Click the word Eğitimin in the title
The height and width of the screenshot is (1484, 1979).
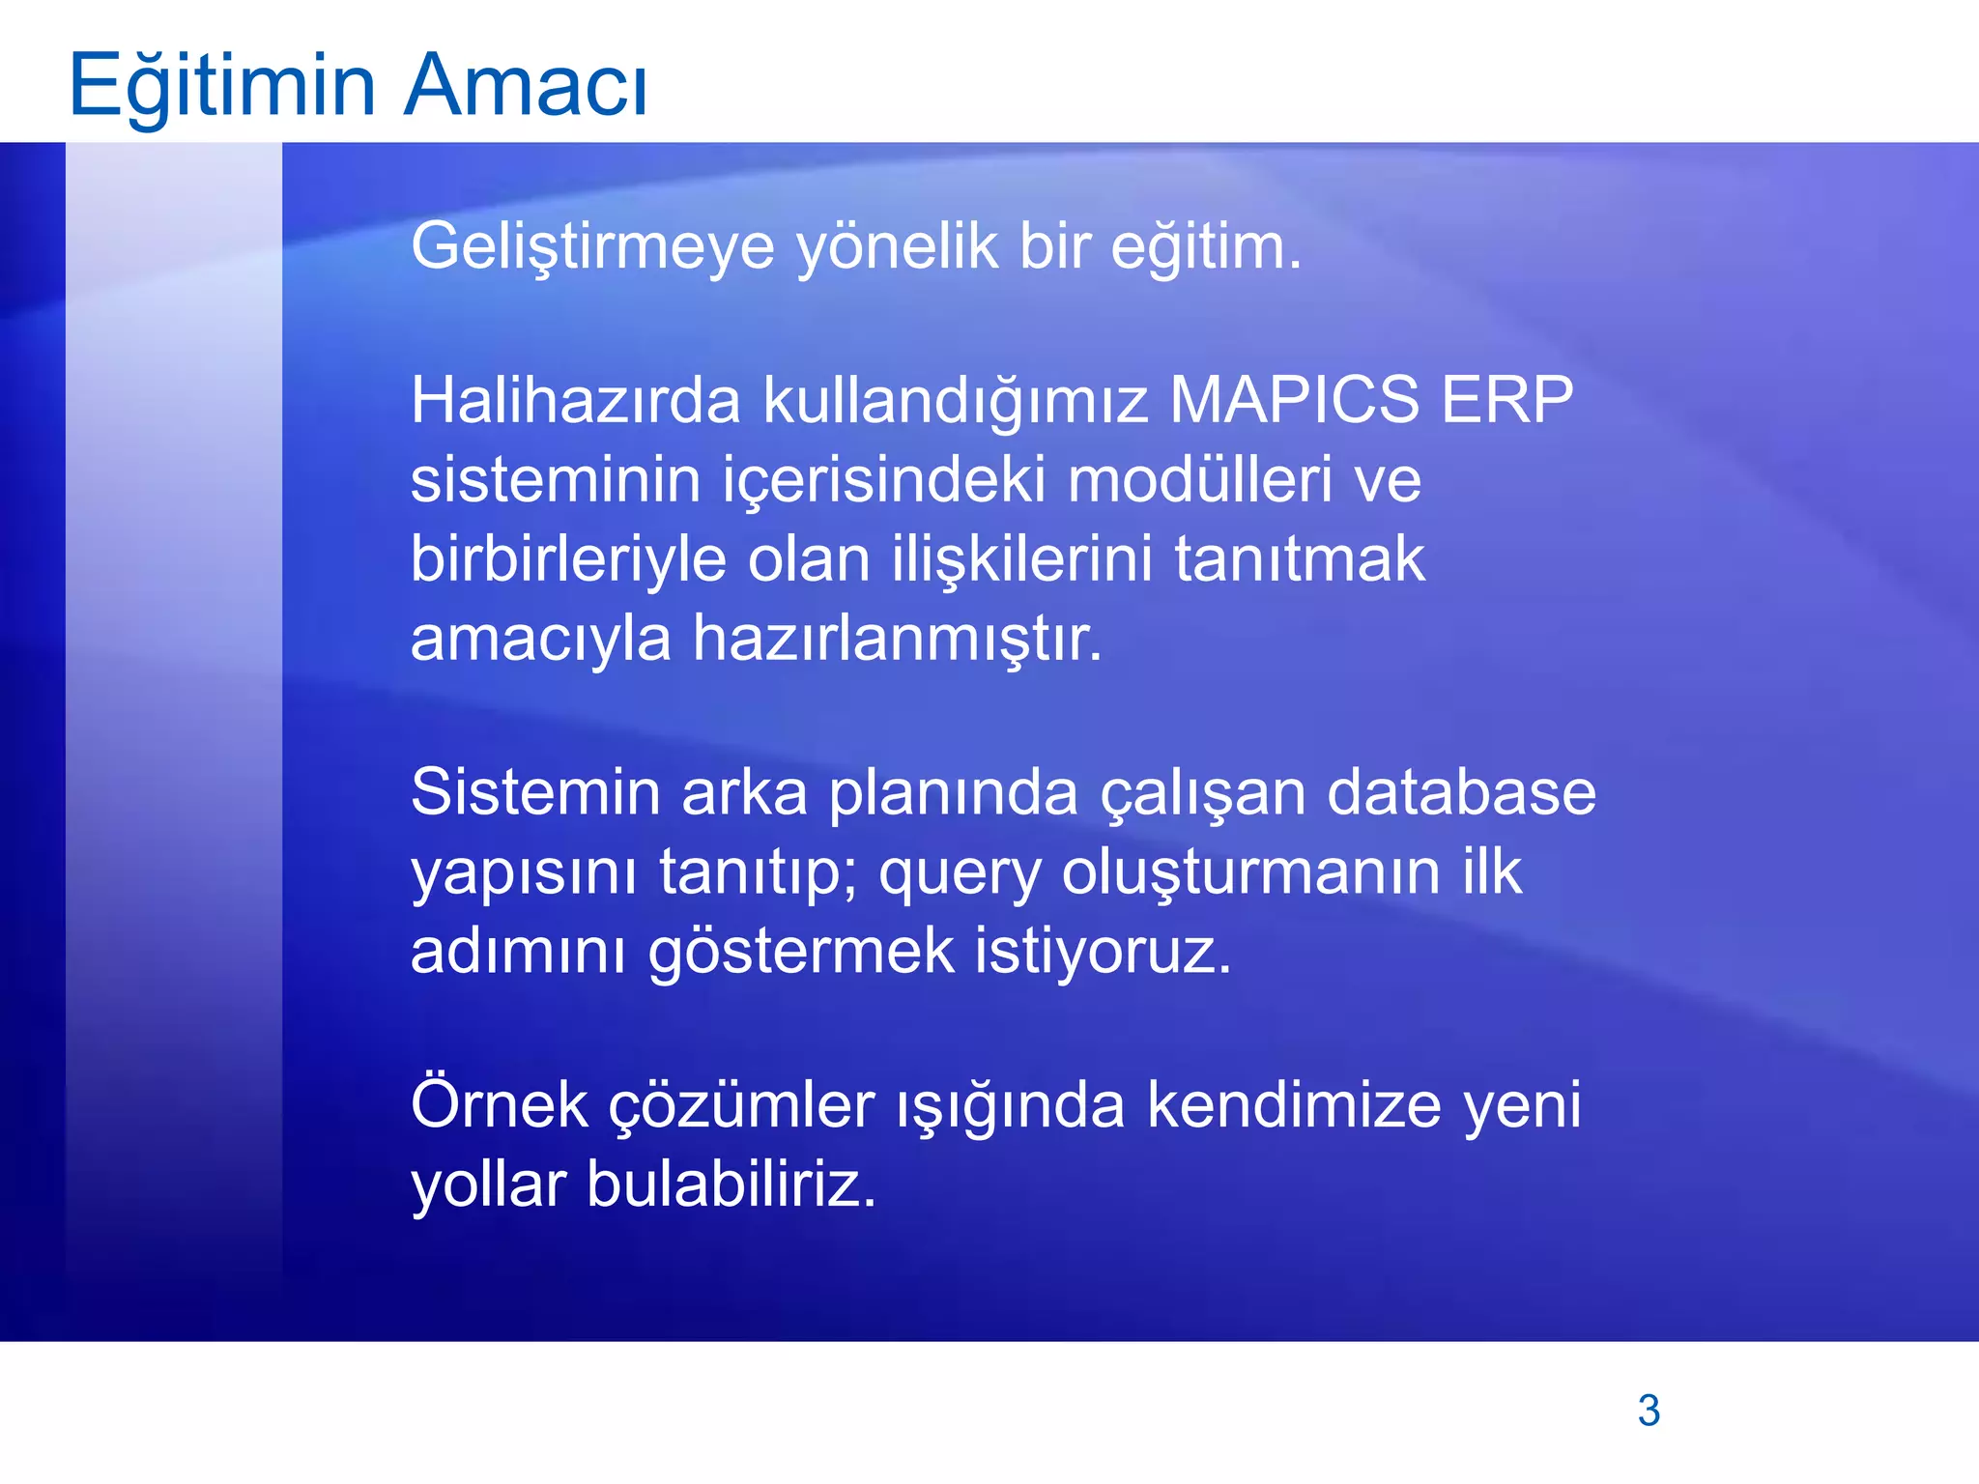(221, 85)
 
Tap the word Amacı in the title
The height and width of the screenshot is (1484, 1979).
(526, 85)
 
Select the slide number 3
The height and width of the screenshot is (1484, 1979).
(1649, 1411)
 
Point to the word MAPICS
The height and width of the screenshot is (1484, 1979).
(1294, 400)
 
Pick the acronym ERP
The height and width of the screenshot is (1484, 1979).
(1506, 400)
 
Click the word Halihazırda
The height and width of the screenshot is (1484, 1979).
(576, 400)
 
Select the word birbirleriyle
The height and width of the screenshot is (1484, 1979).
(568, 560)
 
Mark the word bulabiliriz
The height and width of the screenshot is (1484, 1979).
(731, 1184)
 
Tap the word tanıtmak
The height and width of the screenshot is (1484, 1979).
(1299, 560)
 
